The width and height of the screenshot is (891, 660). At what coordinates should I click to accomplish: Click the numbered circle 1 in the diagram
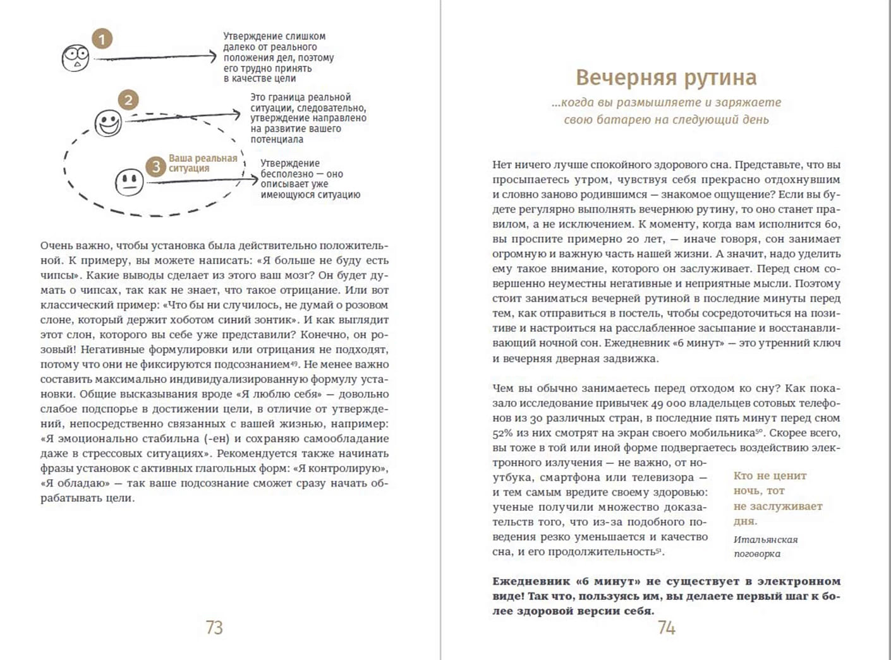[102, 39]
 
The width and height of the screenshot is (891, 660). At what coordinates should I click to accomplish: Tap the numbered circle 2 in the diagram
[128, 100]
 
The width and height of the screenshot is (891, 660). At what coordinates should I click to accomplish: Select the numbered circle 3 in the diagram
[155, 167]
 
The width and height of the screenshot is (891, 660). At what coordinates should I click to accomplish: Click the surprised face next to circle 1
[76, 58]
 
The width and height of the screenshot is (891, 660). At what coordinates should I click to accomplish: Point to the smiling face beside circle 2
[108, 123]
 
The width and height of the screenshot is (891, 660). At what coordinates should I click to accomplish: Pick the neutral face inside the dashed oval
[130, 182]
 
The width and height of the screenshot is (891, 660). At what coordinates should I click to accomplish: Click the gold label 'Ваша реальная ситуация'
[202, 163]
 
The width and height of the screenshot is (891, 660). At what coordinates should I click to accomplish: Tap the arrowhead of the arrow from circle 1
[212, 57]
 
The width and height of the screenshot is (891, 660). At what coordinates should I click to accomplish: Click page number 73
[214, 627]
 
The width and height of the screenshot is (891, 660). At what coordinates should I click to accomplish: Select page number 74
[667, 627]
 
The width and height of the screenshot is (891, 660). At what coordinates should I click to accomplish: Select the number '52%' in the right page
[503, 433]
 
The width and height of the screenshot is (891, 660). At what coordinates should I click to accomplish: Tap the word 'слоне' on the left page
[56, 320]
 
